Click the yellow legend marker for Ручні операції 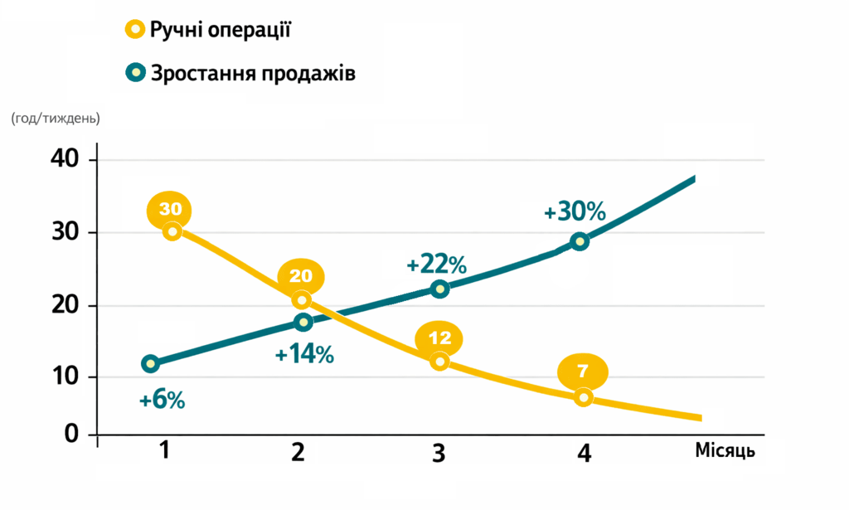pyautogui.click(x=134, y=31)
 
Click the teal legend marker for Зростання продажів pyautogui.click(x=134, y=73)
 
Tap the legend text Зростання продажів pyautogui.click(x=253, y=73)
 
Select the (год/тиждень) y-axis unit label pyautogui.click(x=56, y=119)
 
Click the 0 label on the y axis pyautogui.click(x=72, y=434)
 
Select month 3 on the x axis pyautogui.click(x=439, y=453)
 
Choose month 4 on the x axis pyautogui.click(x=584, y=454)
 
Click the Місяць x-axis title pyautogui.click(x=725, y=451)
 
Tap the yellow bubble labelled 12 pyautogui.click(x=439, y=338)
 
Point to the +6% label pyautogui.click(x=162, y=401)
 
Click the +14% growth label pyautogui.click(x=304, y=355)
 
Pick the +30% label pyautogui.click(x=575, y=211)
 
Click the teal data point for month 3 pyautogui.click(x=440, y=289)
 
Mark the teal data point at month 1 pyautogui.click(x=150, y=363)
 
